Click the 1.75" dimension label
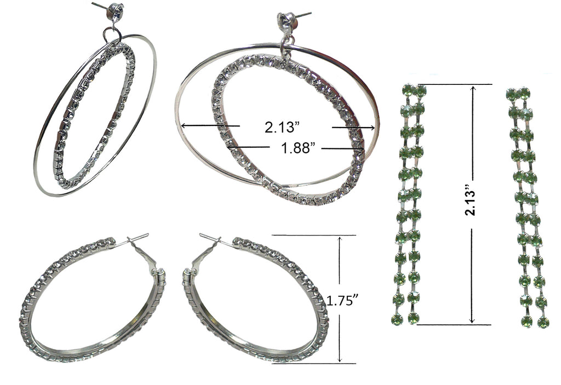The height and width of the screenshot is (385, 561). click(343, 301)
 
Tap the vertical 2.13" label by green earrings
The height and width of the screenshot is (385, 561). click(472, 203)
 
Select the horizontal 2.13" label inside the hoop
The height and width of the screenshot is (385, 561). click(282, 127)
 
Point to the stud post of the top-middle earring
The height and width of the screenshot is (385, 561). click(304, 15)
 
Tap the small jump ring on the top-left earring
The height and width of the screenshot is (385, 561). click(112, 35)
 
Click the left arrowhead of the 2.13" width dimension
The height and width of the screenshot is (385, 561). click(184, 125)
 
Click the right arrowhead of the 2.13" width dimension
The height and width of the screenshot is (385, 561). click(372, 128)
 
